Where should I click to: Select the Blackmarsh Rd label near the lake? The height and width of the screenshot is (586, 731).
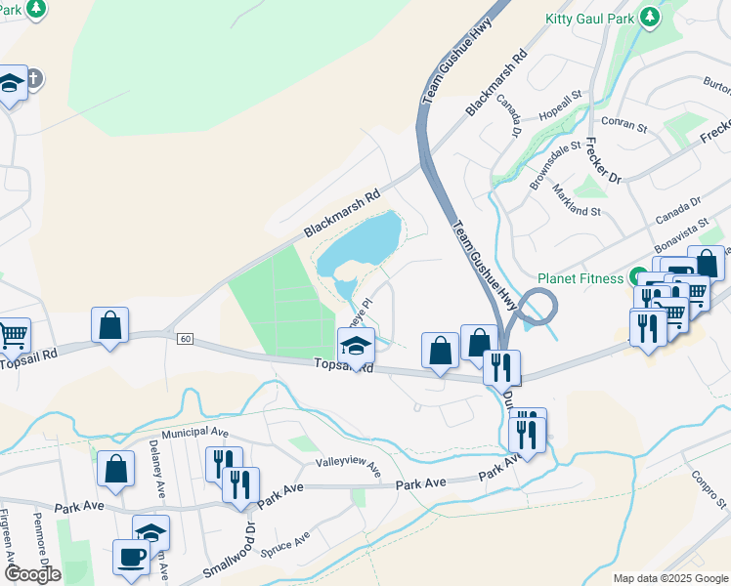click(340, 214)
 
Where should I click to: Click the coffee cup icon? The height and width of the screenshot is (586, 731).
click(130, 558)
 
